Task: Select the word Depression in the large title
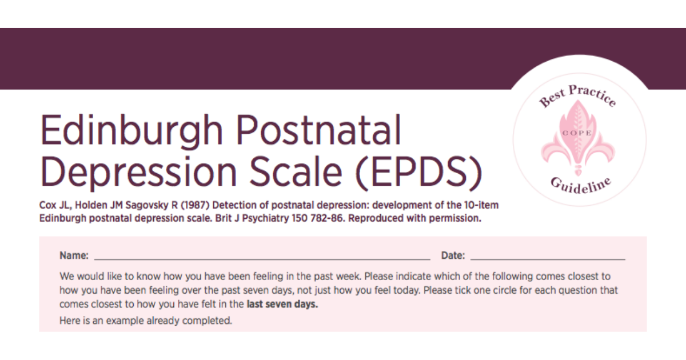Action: coord(138,172)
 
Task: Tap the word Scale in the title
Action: coord(296,171)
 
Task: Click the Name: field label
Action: coord(74,255)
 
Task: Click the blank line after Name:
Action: coord(262,259)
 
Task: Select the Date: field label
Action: coord(453,255)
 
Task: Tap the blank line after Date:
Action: coord(548,259)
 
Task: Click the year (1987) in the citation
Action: coord(195,205)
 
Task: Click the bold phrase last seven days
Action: coord(282,304)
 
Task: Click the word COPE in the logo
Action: coord(577,133)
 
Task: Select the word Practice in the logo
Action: coord(593,95)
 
